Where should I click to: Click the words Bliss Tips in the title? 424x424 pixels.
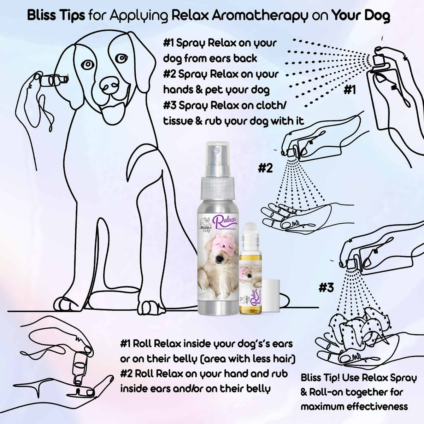(x=56, y=16)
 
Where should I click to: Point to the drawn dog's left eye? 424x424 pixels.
(x=121, y=58)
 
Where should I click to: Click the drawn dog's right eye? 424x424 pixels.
(x=87, y=64)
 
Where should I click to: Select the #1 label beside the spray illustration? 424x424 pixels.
(x=349, y=90)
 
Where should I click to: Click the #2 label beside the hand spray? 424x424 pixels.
(x=265, y=168)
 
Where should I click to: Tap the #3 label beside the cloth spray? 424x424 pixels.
(x=326, y=288)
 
